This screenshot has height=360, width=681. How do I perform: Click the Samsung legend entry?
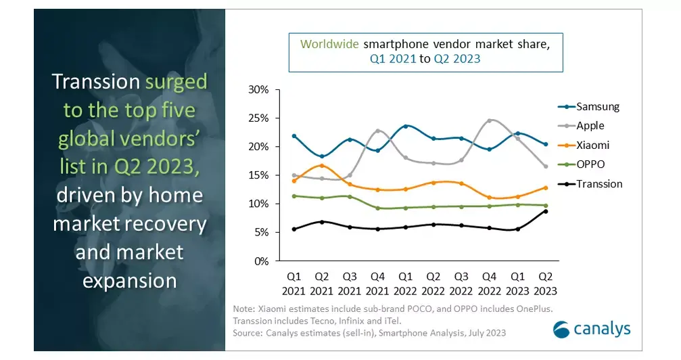point(588,106)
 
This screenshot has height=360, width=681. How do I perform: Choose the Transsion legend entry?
point(590,184)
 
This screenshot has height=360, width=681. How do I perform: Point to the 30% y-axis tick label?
point(258,89)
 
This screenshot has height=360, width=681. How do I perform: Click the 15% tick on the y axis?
point(258,175)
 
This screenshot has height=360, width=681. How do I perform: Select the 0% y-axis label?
point(262,261)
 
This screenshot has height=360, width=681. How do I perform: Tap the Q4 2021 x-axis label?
point(377,284)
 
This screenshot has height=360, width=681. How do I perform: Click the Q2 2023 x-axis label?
point(545,284)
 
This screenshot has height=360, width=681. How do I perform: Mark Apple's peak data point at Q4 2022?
point(490,120)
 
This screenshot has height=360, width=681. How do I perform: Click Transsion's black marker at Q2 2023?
point(546,211)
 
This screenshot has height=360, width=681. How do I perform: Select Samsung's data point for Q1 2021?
point(294,136)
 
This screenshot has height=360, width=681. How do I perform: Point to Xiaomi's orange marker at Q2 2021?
point(322,165)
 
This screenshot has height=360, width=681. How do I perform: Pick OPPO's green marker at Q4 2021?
point(378,208)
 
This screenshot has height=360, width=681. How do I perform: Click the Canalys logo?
point(592,329)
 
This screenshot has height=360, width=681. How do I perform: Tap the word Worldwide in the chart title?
point(329,44)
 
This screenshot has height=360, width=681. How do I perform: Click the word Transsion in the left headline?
point(96,82)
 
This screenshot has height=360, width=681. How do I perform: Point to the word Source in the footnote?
point(247,333)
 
